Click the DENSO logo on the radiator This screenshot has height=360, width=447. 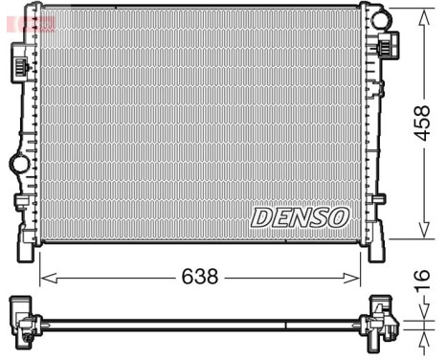[300, 217]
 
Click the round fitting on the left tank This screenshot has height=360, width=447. [17, 164]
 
